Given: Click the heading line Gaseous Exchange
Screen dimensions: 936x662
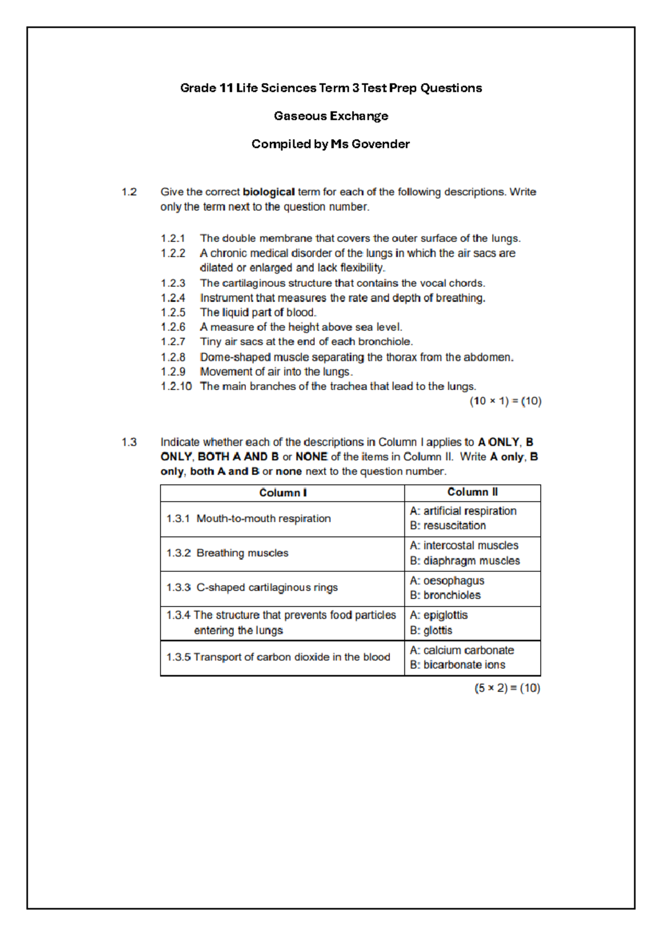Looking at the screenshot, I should [x=331, y=116].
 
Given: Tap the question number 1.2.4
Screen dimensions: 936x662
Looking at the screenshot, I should [x=173, y=298].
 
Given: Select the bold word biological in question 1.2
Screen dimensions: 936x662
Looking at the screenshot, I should [x=269, y=192].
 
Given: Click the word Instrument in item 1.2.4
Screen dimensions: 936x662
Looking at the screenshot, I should [x=223, y=298].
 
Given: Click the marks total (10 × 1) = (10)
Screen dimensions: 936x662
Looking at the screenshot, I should [x=505, y=401].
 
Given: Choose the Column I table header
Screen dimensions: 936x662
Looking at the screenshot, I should [x=282, y=493].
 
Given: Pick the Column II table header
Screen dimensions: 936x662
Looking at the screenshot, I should [x=472, y=492].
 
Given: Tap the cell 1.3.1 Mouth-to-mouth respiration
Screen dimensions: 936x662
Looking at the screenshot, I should [x=249, y=519].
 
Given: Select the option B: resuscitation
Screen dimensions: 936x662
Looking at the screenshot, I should [x=448, y=526].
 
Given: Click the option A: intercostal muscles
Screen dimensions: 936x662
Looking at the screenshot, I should [x=464, y=546].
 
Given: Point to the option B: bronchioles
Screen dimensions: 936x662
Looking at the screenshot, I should [x=445, y=595].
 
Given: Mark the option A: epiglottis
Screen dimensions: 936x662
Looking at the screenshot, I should [x=439, y=615].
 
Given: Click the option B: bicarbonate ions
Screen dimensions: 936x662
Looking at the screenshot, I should [x=457, y=665].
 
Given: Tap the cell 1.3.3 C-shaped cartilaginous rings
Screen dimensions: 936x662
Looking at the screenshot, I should [x=252, y=588].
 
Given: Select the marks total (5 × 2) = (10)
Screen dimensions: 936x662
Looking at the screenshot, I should [x=507, y=688].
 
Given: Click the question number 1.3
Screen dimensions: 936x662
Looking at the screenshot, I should [x=129, y=443].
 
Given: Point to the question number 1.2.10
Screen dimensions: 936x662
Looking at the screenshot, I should [x=176, y=386].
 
